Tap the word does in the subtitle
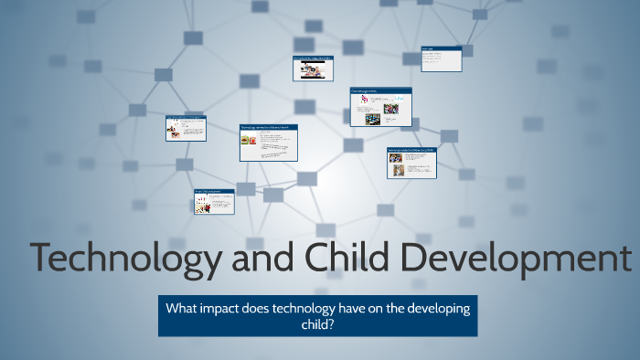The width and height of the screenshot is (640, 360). click(266, 309)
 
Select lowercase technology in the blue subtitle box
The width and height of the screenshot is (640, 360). click(319, 309)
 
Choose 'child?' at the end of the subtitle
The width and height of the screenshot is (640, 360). click(318, 323)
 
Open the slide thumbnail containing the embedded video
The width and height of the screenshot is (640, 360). click(313, 69)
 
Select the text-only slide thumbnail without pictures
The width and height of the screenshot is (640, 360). click(441, 58)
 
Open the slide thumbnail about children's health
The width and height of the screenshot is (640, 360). click(270, 143)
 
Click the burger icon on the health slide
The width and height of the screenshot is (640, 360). click(245, 141)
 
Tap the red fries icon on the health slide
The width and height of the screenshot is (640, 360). click(253, 141)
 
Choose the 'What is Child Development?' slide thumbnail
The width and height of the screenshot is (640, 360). click(213, 201)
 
